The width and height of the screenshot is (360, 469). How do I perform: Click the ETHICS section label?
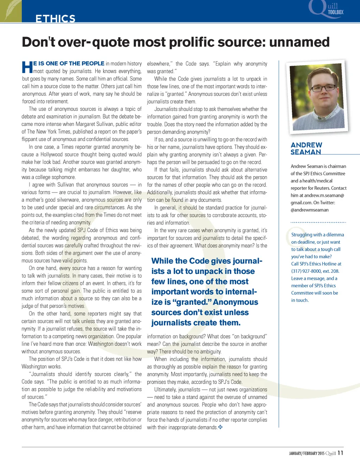pyautogui.click(x=55, y=18)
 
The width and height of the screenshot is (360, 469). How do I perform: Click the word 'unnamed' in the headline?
pyautogui.click(x=299, y=42)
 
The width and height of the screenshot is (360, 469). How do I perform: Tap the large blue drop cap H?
pyautogui.click(x=27, y=67)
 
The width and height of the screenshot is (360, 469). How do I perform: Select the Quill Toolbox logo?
pyautogui.click(x=327, y=9)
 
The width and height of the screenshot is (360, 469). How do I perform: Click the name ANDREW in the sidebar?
pyautogui.click(x=306, y=145)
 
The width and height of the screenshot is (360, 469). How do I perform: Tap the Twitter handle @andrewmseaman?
pyautogui.click(x=309, y=210)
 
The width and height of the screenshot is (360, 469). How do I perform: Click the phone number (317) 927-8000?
pyautogui.click(x=306, y=271)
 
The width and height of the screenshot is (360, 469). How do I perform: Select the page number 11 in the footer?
pyautogui.click(x=340, y=453)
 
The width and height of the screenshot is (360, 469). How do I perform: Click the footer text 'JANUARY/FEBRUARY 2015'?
pyautogui.click(x=307, y=453)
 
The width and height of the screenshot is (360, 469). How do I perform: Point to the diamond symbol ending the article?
pyautogui.click(x=220, y=427)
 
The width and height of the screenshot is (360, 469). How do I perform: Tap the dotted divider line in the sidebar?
pyautogui.click(x=318, y=222)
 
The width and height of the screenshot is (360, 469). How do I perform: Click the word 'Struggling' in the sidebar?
pyautogui.click(x=302, y=234)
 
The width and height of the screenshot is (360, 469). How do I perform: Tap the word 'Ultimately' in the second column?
pyautogui.click(x=165, y=390)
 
